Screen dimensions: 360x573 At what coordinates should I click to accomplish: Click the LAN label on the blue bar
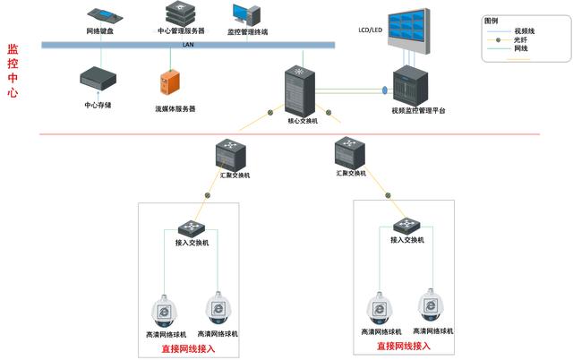click(x=188, y=43)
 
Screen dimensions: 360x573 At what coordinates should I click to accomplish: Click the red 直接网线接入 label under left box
click(x=188, y=349)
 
